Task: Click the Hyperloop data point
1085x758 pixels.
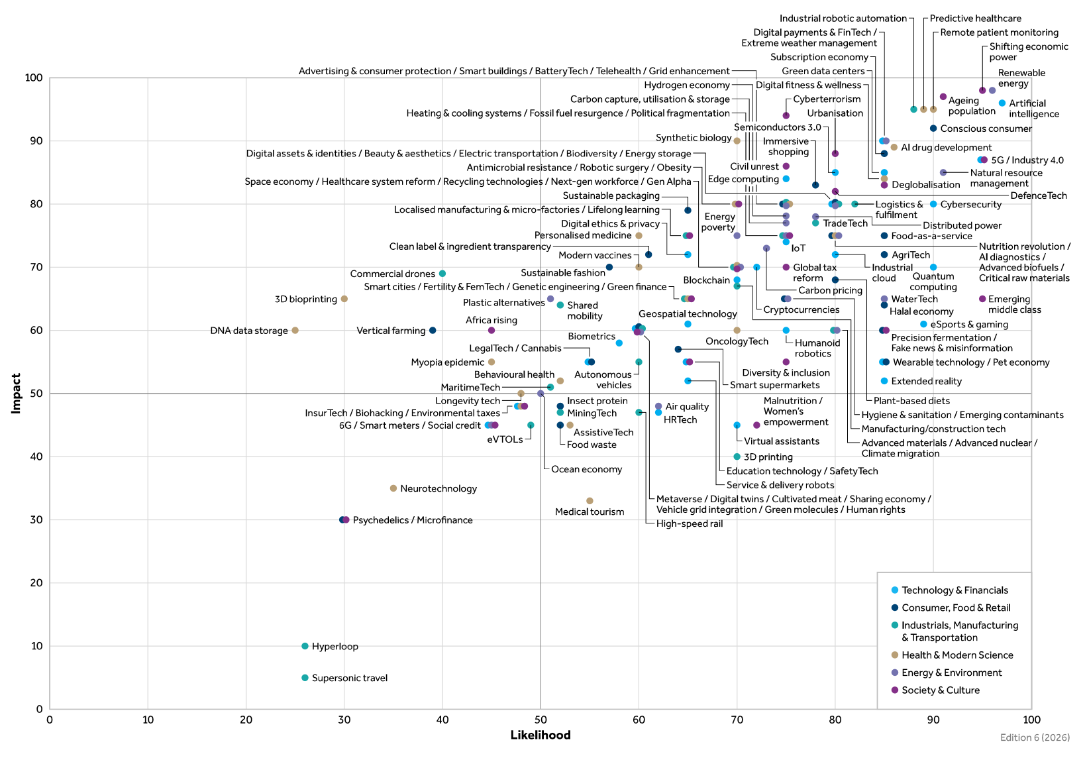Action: [x=305, y=646]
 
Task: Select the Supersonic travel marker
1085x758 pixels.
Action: [x=305, y=678]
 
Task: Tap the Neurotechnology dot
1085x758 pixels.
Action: [x=393, y=488]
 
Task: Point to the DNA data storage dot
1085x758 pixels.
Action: [x=295, y=331]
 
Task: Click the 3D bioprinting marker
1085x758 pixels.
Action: [x=344, y=299]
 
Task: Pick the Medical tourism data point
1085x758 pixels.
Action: [x=590, y=501]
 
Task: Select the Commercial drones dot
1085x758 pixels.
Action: [x=442, y=274]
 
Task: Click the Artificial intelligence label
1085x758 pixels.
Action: [x=1033, y=109]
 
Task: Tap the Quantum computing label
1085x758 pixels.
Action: [x=933, y=282]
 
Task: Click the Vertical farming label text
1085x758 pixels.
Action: [x=391, y=331]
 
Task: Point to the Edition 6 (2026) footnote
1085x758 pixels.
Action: [x=1035, y=737]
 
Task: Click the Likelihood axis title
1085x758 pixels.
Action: [x=540, y=735]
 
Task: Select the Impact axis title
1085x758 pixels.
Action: [x=16, y=394]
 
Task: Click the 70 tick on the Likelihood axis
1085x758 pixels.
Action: [x=737, y=720]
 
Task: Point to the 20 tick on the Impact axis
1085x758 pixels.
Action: [x=36, y=583]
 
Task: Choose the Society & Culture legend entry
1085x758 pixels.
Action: [x=940, y=690]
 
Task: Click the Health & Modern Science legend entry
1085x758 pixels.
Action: [x=956, y=655]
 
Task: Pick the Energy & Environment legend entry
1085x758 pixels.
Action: [x=951, y=673]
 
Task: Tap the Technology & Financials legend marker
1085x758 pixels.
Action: [x=895, y=590]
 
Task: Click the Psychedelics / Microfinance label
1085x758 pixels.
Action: [x=413, y=520]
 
